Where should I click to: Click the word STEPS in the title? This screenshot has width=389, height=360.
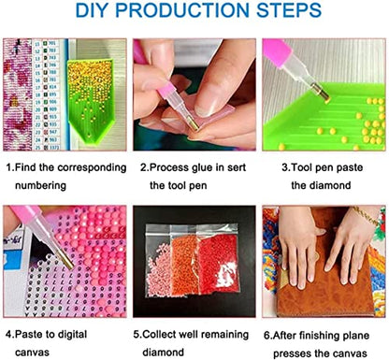pos(289,10)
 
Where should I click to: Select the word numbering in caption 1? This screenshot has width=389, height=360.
pos(40,186)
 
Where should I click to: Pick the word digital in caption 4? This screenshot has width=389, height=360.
pos(70,335)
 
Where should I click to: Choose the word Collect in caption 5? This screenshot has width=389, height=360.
pos(162,335)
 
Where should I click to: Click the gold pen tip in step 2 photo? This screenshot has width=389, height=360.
pos(194,124)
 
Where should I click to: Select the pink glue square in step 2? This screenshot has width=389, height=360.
pos(214,114)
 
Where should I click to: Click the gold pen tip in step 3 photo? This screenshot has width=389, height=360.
pos(322,93)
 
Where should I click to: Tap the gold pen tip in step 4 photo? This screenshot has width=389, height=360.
pos(65,260)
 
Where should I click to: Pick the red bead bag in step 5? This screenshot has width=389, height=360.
pos(218,259)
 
